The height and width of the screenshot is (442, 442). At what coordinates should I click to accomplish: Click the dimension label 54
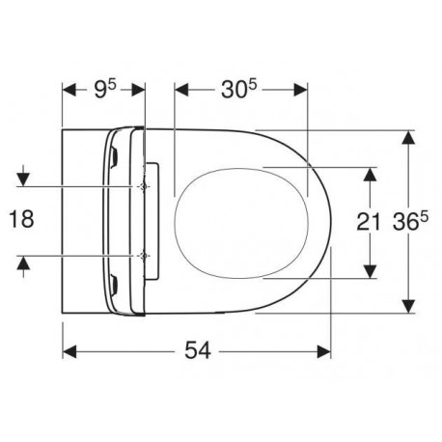point(198,350)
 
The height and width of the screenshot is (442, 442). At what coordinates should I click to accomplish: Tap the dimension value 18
point(21,219)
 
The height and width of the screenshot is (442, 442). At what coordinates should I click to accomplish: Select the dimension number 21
point(369,222)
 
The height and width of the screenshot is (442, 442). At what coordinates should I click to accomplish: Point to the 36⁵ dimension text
point(411,222)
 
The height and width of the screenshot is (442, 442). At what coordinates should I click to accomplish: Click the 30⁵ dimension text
point(238,90)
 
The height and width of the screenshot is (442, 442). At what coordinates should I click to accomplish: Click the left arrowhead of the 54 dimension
point(69,351)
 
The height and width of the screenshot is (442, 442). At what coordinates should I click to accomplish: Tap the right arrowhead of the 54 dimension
point(323,351)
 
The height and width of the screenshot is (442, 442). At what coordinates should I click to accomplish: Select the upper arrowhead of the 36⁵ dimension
point(408,138)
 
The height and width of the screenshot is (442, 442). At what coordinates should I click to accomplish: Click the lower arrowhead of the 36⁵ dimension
point(408,306)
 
